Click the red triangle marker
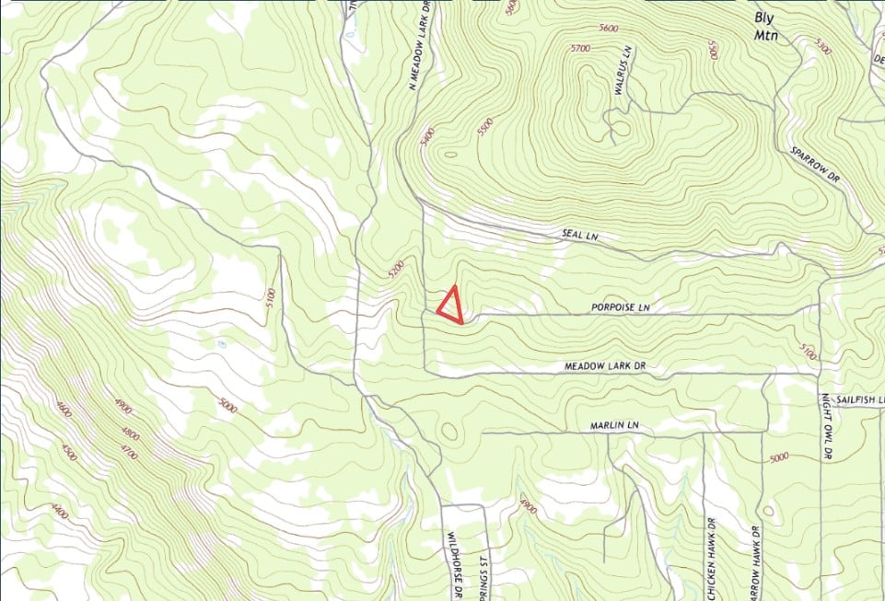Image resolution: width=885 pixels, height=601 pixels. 450,306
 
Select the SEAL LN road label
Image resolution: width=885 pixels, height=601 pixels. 580,237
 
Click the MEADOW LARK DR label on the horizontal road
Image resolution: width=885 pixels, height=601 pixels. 605,366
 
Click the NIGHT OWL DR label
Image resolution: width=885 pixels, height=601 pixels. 826,426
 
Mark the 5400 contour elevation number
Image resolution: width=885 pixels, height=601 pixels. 426,137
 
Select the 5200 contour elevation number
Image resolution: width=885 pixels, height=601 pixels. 397,269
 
